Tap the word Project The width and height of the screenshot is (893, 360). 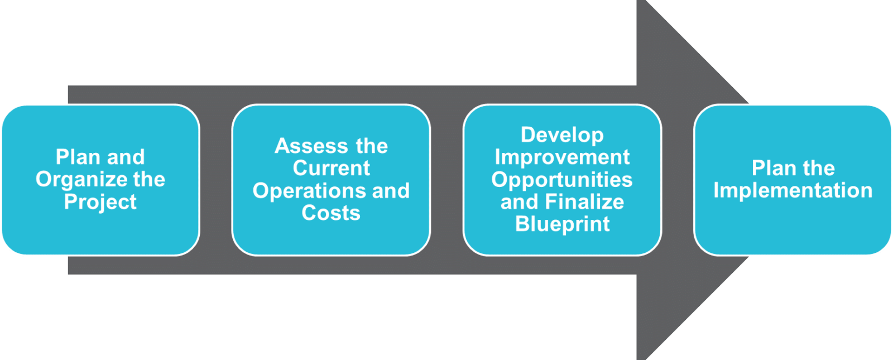[100, 202]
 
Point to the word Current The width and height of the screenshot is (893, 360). [332, 168]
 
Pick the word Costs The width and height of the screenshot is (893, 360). [331, 213]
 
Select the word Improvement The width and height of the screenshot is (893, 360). [562, 157]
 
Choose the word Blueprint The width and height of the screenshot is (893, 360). [562, 224]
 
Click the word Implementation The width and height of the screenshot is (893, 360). [793, 191]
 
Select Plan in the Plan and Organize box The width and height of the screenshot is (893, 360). [78, 157]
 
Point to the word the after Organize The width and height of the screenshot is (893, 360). [149, 179]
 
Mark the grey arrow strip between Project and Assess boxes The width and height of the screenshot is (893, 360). [215, 180]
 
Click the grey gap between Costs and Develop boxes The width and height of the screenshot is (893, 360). [447, 180]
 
